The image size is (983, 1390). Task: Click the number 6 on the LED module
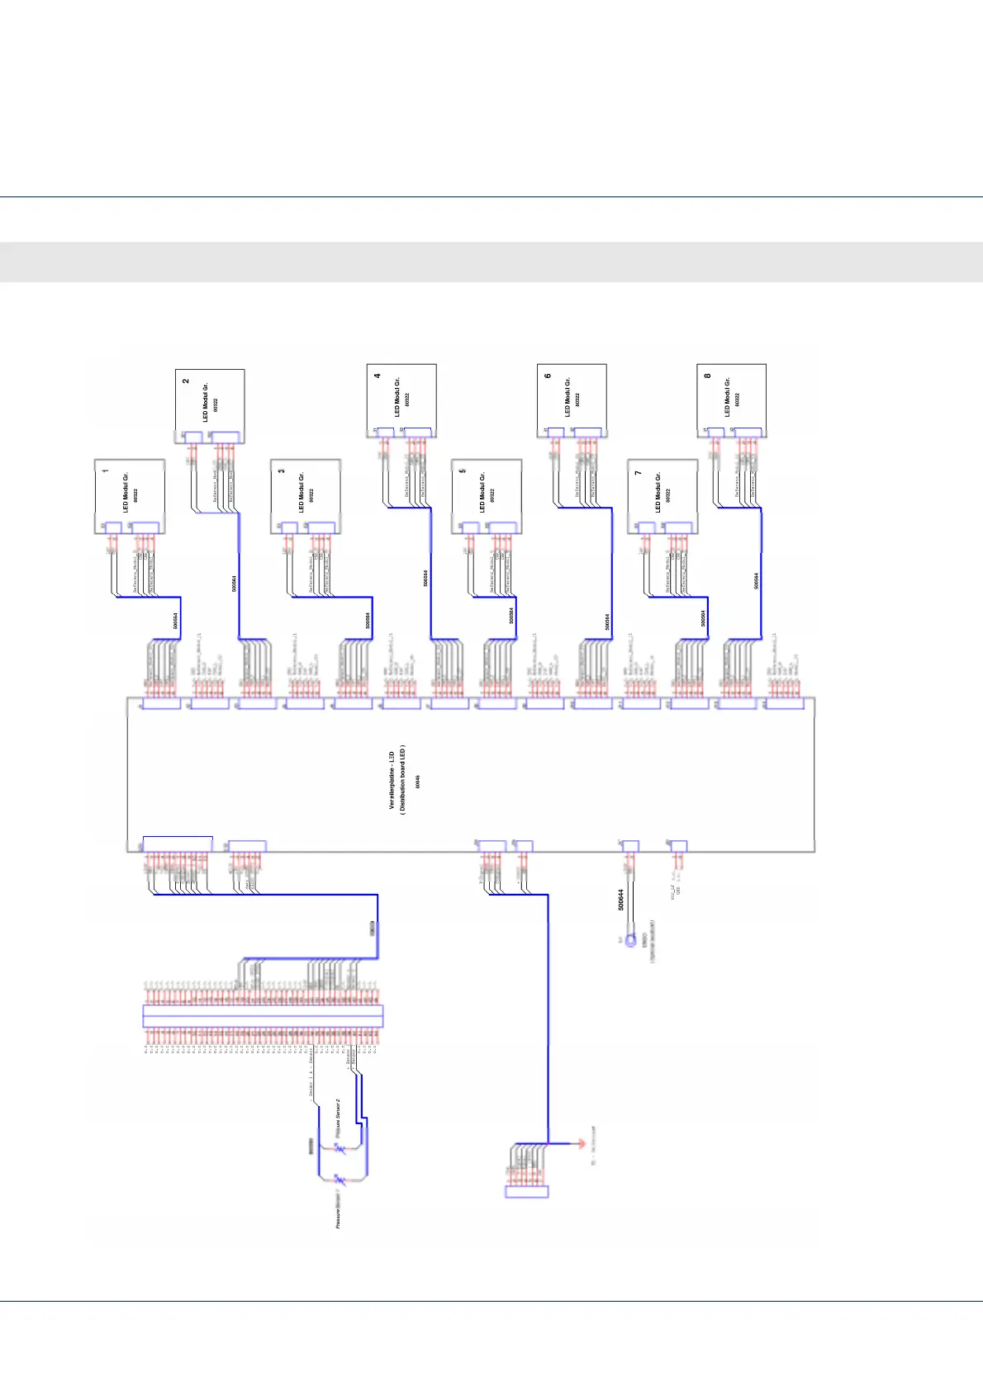click(548, 376)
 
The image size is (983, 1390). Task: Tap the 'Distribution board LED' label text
click(403, 779)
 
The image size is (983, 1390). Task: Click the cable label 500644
click(621, 899)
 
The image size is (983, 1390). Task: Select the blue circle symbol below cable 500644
click(631, 940)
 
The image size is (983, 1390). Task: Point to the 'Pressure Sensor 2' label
click(339, 1119)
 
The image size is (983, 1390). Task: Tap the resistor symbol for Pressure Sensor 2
click(340, 1148)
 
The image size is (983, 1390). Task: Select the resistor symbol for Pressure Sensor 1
click(339, 1182)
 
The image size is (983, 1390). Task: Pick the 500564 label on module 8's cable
click(756, 581)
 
